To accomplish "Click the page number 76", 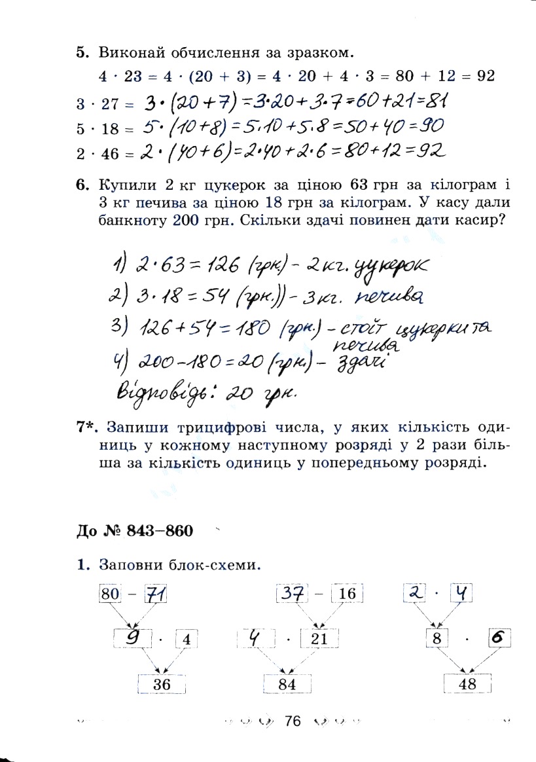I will click(x=292, y=721).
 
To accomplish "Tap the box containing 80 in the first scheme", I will click(x=111, y=594).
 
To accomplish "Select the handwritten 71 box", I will click(x=156, y=594).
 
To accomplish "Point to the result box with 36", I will click(x=162, y=684).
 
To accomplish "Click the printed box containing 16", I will click(x=347, y=594).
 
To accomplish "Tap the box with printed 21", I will click(x=319, y=639).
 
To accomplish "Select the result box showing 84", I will click(x=287, y=684).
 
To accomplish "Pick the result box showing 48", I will click(x=467, y=683).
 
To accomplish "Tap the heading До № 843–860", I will click(x=134, y=530).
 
